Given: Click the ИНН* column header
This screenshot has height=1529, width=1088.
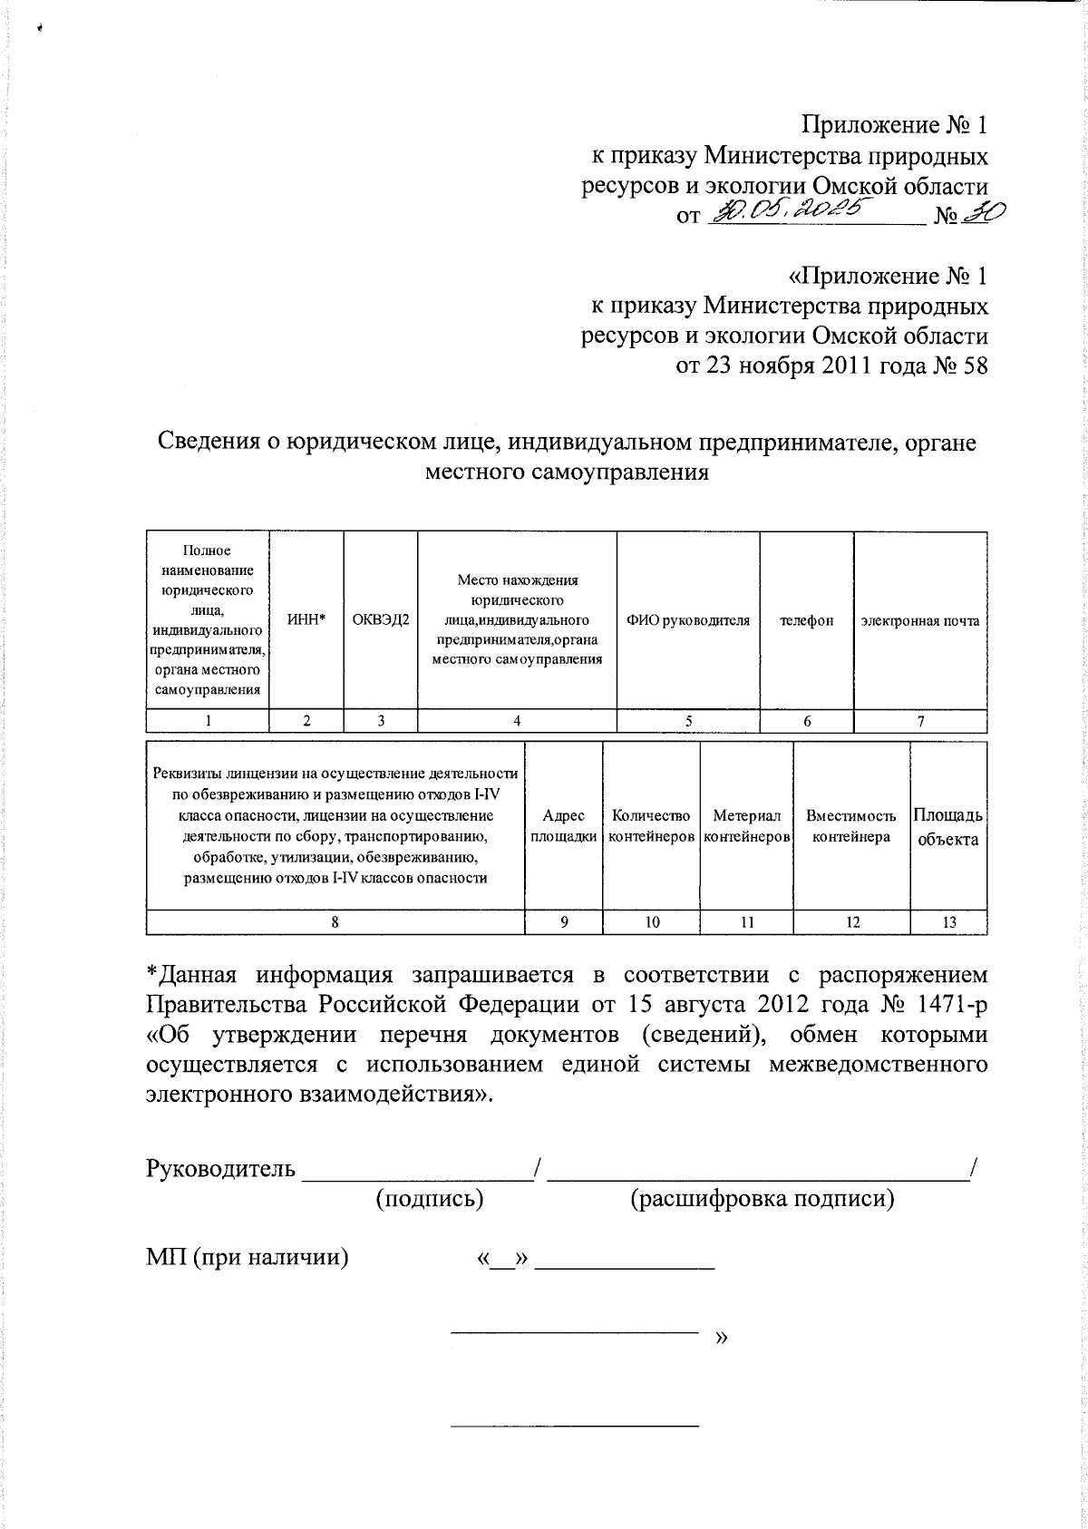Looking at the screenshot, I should (x=306, y=620).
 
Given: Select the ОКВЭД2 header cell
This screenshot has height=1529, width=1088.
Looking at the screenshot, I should (x=381, y=620).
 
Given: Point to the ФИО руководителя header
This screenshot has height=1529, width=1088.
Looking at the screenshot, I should (x=687, y=620).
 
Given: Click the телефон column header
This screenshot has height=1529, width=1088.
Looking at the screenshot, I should (x=807, y=620).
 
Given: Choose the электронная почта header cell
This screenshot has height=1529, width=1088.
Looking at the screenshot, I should (x=920, y=620).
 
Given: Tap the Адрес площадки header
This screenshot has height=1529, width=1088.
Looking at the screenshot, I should (x=564, y=826).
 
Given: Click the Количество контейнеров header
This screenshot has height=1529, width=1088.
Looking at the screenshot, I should (x=651, y=826).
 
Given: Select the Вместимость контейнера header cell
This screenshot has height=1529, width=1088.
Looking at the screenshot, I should (x=850, y=826).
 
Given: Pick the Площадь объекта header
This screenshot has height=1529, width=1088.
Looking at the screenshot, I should (x=948, y=826).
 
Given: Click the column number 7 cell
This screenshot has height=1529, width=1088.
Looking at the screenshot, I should (x=920, y=721).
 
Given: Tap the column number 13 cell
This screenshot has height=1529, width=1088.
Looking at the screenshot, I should (x=948, y=922).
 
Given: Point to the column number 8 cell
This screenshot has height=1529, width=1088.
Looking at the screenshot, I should (x=335, y=922).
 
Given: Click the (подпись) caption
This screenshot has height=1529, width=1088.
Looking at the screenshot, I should (x=429, y=1199).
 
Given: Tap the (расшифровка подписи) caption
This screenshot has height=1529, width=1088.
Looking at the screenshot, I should (x=762, y=1199).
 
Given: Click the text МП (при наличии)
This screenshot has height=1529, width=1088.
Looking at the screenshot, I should (x=248, y=1258).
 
